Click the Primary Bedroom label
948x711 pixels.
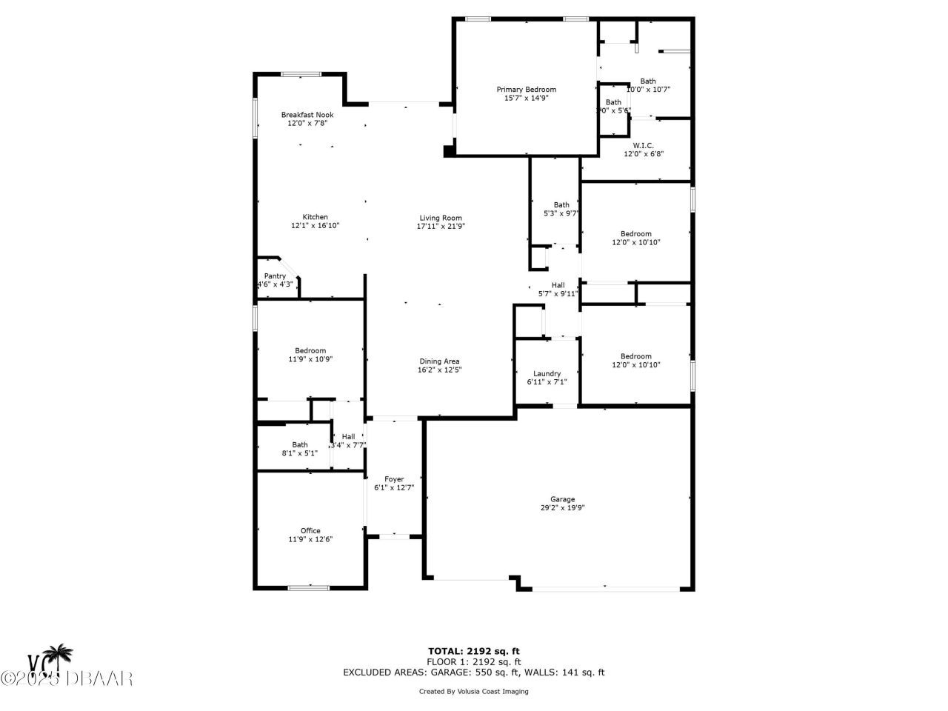tap(526, 90)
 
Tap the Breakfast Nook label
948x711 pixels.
tap(307, 115)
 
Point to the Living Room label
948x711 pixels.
tap(441, 218)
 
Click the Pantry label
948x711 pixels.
tap(275, 276)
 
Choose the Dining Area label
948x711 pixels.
tap(439, 361)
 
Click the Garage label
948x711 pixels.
tap(562, 499)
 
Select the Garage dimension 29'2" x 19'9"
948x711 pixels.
tap(562, 508)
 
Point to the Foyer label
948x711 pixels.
tap(394, 479)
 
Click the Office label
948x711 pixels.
tap(310, 530)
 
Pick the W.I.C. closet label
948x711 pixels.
tap(643, 145)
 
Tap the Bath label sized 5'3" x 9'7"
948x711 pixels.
tap(561, 205)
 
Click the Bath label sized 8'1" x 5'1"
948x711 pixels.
tap(299, 444)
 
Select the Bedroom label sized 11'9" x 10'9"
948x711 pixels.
tap(310, 350)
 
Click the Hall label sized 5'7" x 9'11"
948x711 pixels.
tap(558, 285)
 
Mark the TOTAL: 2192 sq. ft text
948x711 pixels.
tap(474, 651)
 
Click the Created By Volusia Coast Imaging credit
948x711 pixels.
tap(474, 692)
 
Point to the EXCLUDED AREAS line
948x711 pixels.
tap(474, 672)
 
